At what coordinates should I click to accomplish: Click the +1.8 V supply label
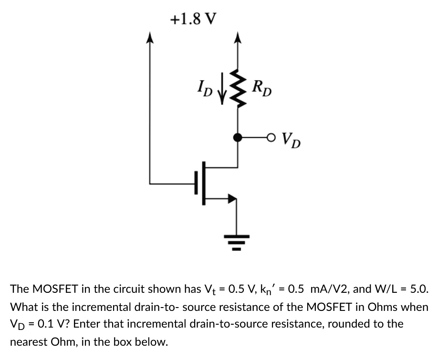193,19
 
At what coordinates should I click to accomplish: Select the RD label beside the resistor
262,88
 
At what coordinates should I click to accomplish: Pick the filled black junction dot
237,138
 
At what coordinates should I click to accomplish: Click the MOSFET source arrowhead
232,198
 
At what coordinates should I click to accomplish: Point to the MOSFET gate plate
196,183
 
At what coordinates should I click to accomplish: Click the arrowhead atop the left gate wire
150,38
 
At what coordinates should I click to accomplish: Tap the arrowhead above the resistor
237,38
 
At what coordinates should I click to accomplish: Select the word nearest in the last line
28,342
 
